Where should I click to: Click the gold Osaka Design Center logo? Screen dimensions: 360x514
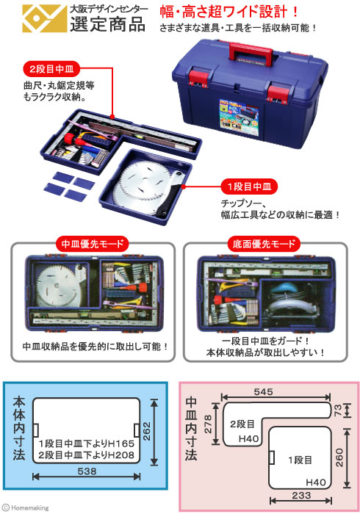click(x=44, y=18)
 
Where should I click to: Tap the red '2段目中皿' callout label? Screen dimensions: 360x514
click(x=51, y=69)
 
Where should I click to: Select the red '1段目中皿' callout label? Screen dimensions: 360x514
click(x=249, y=187)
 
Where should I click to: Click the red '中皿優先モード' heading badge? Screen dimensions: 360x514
click(x=92, y=244)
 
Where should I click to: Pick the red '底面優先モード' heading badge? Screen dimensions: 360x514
click(x=264, y=244)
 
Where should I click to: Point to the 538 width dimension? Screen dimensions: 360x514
click(x=87, y=471)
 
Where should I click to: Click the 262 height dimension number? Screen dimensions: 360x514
click(x=146, y=432)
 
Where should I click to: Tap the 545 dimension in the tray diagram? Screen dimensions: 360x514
click(x=263, y=391)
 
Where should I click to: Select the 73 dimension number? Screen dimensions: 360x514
click(x=337, y=410)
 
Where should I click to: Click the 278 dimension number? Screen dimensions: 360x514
click(x=208, y=424)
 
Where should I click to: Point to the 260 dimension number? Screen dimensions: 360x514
click(x=339, y=457)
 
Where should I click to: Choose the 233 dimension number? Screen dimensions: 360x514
click(x=301, y=496)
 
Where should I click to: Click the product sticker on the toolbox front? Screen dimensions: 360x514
click(x=239, y=118)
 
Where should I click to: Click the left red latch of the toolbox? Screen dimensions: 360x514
click(x=198, y=78)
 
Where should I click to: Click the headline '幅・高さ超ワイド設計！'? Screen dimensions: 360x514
click(x=229, y=12)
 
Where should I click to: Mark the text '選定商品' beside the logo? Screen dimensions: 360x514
click(x=107, y=23)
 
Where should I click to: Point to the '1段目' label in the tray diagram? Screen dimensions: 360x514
click(x=300, y=460)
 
